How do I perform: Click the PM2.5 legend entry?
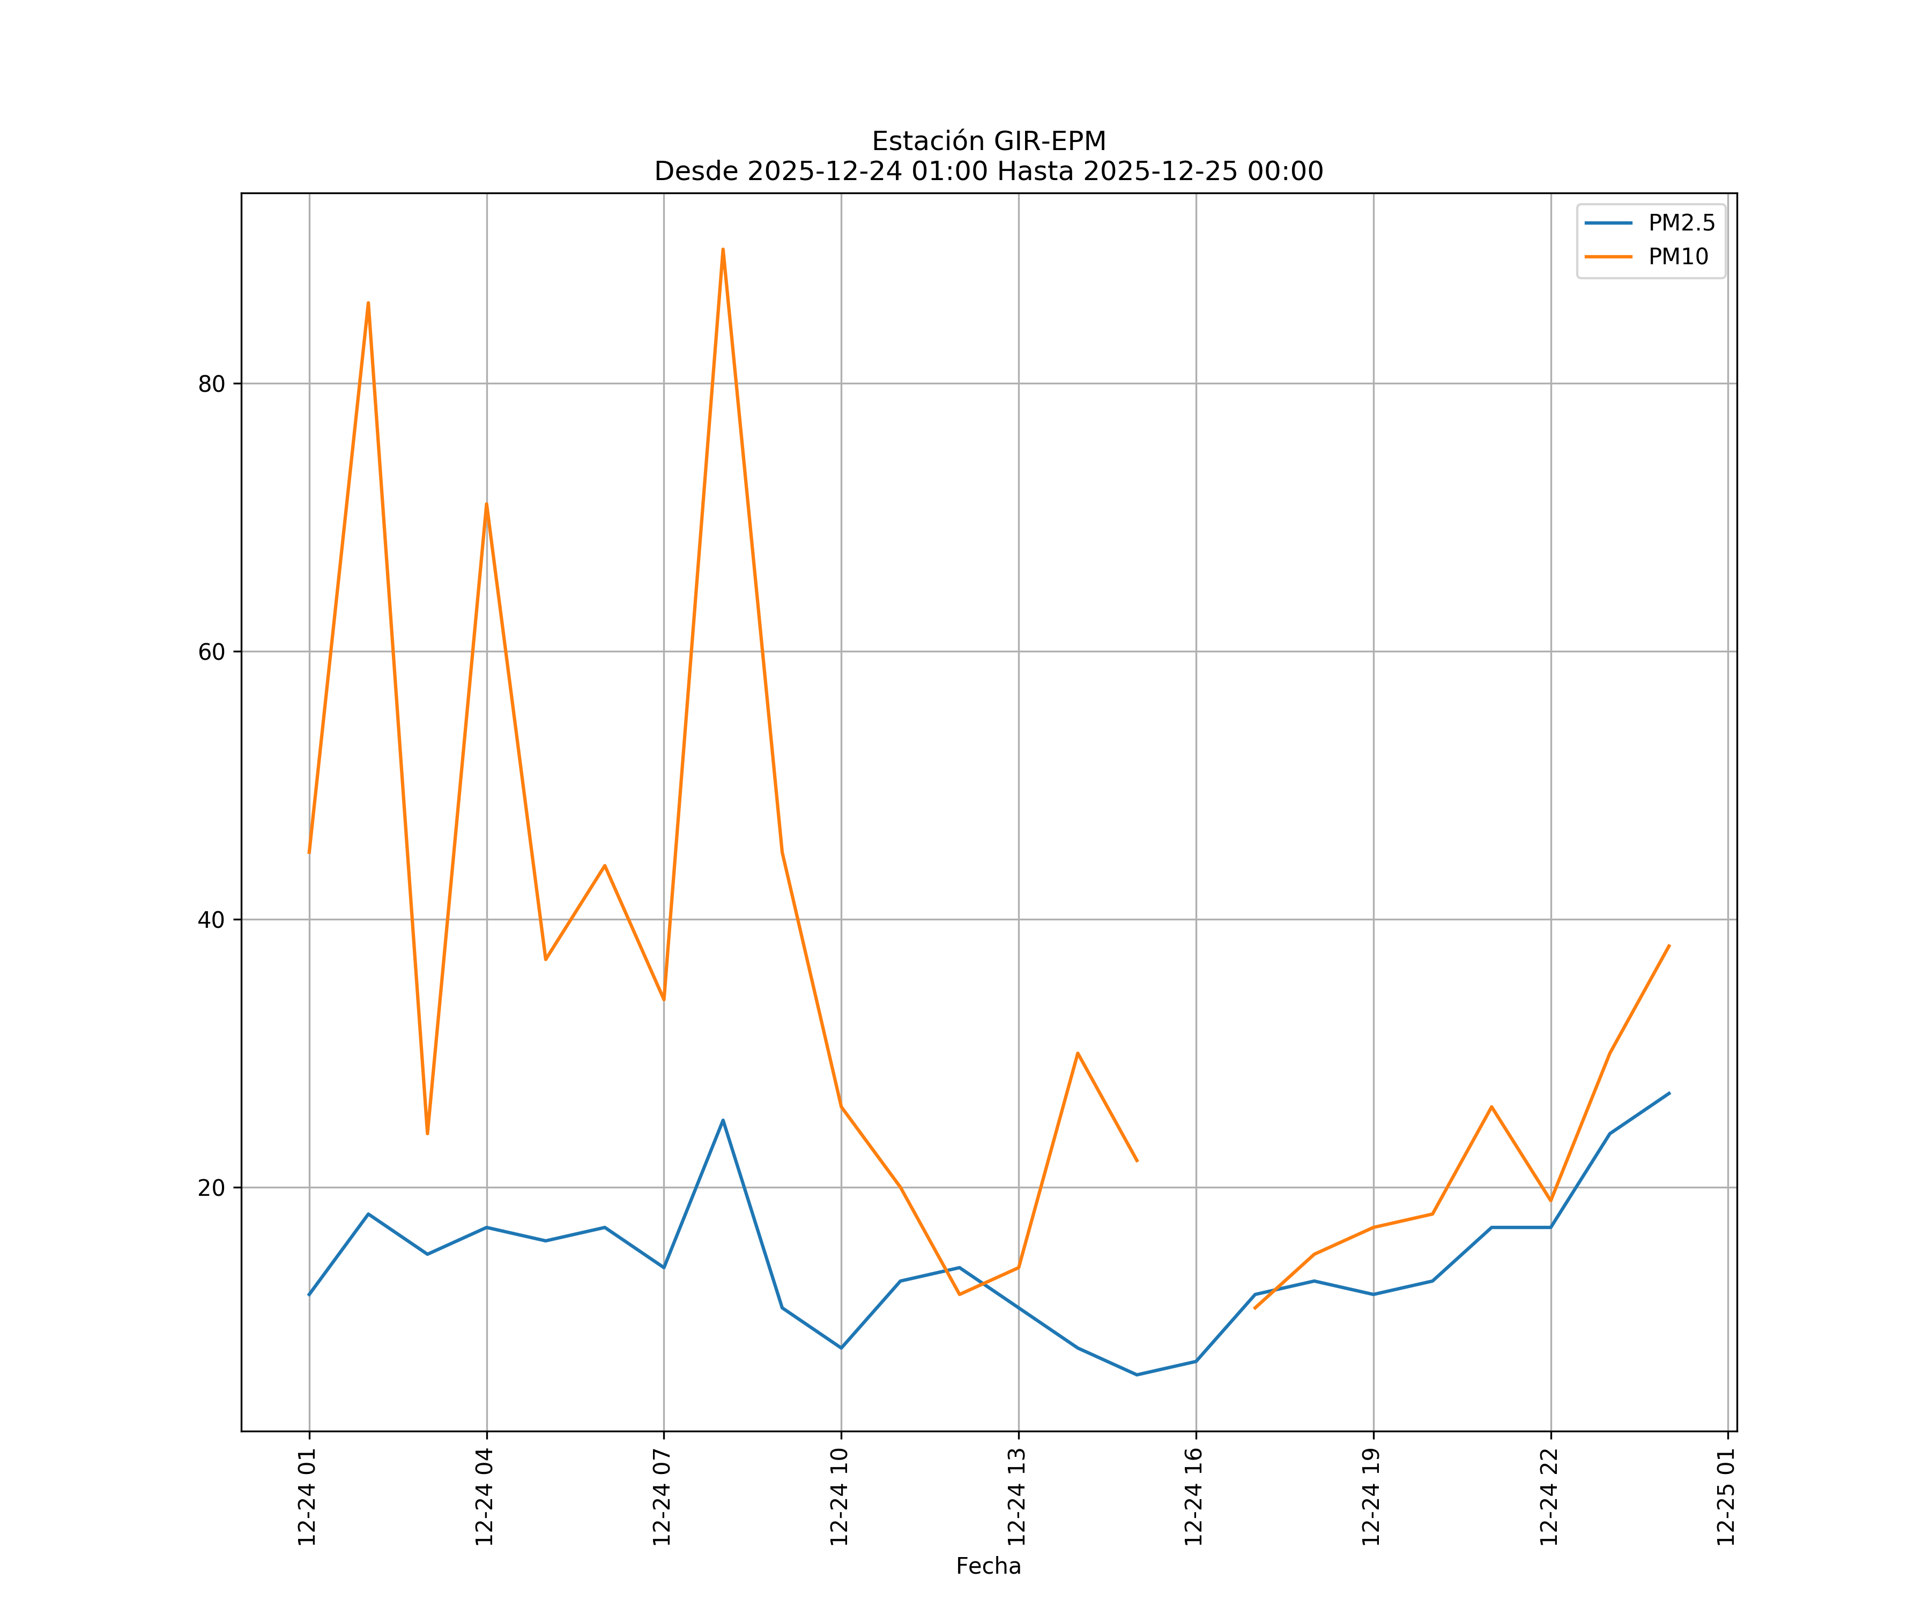point(1680,224)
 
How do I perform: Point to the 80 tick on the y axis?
point(211,384)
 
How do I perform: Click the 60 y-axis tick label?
point(211,651)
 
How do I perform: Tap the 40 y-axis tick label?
point(211,920)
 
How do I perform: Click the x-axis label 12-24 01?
point(308,1497)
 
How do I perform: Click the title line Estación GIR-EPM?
point(988,142)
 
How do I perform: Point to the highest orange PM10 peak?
point(723,250)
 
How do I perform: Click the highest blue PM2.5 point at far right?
point(1669,1093)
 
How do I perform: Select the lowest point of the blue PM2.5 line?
point(1137,1375)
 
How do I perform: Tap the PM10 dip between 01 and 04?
point(427,1133)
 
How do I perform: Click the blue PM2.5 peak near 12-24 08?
point(723,1120)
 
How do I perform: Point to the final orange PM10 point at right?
point(1669,946)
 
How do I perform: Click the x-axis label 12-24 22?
point(1549,1497)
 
